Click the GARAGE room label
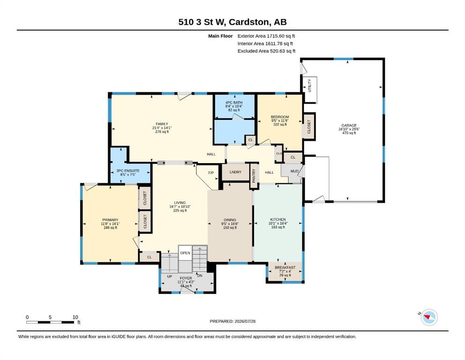point(349,125)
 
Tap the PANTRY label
point(254,176)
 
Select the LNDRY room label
point(236,172)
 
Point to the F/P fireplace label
point(211,172)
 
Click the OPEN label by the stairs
point(185,253)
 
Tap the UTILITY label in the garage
point(310,85)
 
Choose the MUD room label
point(294,171)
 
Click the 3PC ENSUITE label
point(128,171)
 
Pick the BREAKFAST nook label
point(285,267)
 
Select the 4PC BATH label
point(234,102)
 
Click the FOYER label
point(185,278)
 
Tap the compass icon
point(429,317)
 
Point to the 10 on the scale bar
point(75,317)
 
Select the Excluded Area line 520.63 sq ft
point(266,51)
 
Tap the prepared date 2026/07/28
point(245,321)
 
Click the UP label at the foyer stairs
point(170,276)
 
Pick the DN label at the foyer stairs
point(199,276)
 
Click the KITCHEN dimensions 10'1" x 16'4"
point(278,223)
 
